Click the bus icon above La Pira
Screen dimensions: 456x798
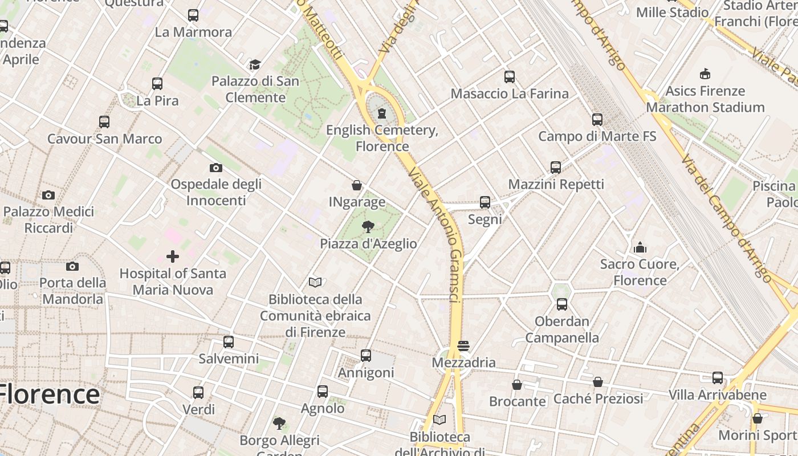(x=157, y=84)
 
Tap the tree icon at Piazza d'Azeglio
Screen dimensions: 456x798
(x=368, y=227)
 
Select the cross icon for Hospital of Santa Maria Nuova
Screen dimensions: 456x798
(x=173, y=256)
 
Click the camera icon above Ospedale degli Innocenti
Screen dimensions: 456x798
(x=215, y=168)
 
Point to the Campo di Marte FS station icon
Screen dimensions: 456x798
(x=597, y=120)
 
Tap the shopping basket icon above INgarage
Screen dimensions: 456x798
(x=357, y=185)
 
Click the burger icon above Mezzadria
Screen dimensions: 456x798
(x=463, y=346)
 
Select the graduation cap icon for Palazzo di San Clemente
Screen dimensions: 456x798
(x=255, y=64)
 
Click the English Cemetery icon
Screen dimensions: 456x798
(x=382, y=113)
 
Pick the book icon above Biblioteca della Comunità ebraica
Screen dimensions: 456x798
(x=315, y=282)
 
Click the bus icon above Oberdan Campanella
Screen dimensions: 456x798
(x=562, y=304)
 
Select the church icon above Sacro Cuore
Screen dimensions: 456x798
(x=640, y=247)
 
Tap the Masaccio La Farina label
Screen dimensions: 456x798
(x=510, y=93)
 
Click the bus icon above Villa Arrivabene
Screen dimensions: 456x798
(x=717, y=378)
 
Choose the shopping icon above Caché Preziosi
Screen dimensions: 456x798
(x=598, y=382)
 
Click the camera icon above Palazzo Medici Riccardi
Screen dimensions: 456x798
(x=48, y=195)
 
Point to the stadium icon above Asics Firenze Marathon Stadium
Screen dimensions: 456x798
(x=705, y=74)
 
